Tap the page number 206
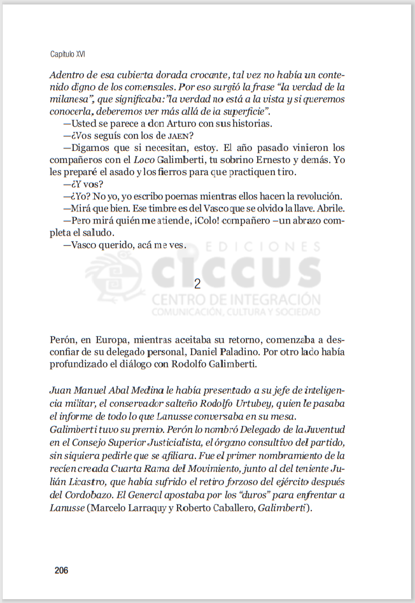tap(61, 570)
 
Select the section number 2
tap(197, 284)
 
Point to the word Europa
tap(115, 341)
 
